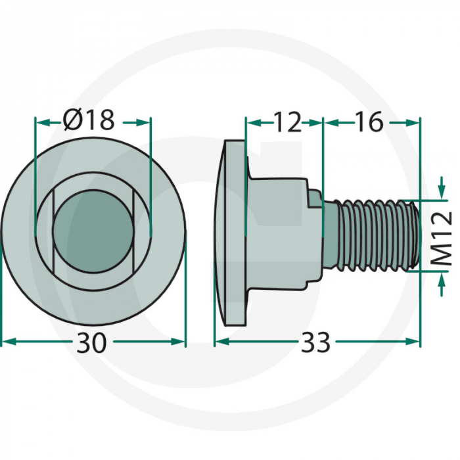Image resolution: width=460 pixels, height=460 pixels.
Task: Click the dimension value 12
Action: point(287,122)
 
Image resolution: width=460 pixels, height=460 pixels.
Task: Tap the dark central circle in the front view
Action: point(93,229)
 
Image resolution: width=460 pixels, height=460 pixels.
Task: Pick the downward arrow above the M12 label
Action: point(439,195)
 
